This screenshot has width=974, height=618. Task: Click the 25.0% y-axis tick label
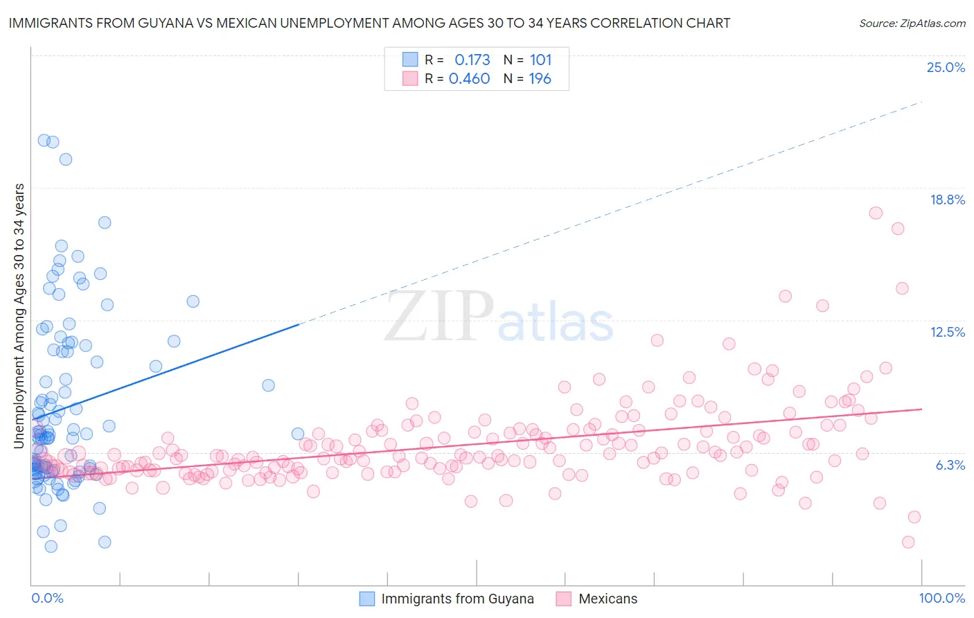pyautogui.click(x=946, y=68)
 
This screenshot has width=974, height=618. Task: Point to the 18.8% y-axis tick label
pyautogui.click(x=947, y=200)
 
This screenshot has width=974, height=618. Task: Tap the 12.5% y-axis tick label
pyautogui.click(x=947, y=333)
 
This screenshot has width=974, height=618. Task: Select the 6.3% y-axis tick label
pyautogui.click(x=950, y=466)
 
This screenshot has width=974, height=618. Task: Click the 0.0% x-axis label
pyautogui.click(x=47, y=599)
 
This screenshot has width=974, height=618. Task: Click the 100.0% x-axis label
pyautogui.click(x=941, y=599)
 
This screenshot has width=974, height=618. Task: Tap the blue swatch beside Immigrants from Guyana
pyautogui.click(x=367, y=599)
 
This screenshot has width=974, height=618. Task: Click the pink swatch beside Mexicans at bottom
pyautogui.click(x=563, y=599)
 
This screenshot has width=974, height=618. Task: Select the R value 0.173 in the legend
pyautogui.click(x=472, y=60)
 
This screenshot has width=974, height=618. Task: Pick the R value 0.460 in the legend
pyautogui.click(x=469, y=79)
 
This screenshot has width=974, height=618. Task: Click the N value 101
pyautogui.click(x=540, y=60)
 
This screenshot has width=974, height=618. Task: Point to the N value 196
pyautogui.click(x=540, y=79)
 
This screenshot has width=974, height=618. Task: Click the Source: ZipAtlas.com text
pyautogui.click(x=912, y=24)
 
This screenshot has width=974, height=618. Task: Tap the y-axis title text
pyautogui.click(x=19, y=316)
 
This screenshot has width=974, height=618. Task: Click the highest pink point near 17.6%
pyautogui.click(x=876, y=213)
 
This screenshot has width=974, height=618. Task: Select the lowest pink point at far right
pyautogui.click(x=908, y=542)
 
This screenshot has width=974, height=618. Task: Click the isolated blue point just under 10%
pyautogui.click(x=268, y=385)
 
